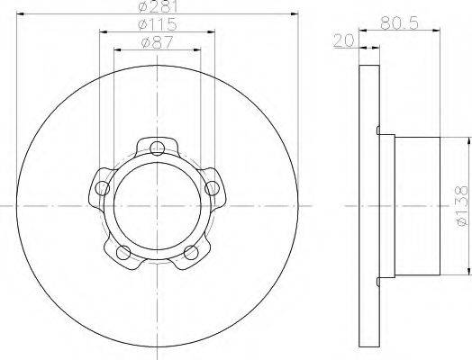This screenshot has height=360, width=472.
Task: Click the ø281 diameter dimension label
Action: [158, 6]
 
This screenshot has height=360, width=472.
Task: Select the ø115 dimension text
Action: [157, 24]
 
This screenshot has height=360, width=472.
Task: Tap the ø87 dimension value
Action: [157, 42]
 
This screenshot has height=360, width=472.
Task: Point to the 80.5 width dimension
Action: [399, 22]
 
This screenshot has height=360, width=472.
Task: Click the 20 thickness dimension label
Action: [344, 40]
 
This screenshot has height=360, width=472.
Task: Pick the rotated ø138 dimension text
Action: [462, 206]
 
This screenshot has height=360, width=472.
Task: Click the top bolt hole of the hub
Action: [157, 148]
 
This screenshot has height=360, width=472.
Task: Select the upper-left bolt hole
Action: [103, 189]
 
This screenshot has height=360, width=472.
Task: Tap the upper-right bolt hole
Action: [212, 189]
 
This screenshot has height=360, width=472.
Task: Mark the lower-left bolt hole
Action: [123, 252]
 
